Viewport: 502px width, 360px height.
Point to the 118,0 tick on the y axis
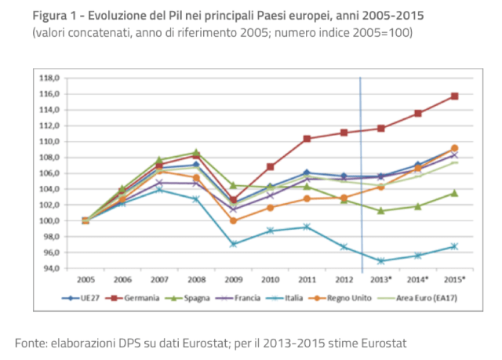pos(49,78)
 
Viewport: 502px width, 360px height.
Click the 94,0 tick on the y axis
pos(51,268)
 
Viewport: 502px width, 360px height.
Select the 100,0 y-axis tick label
pos(49,220)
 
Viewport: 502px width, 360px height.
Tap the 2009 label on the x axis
pos(233,279)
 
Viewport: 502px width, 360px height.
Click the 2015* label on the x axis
pos(453,279)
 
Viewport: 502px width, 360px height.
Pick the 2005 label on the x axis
pos(85,279)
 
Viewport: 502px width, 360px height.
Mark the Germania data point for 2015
pos(454,96)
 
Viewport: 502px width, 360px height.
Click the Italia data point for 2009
pos(233,244)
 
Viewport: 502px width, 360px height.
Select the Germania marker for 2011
pos(307,139)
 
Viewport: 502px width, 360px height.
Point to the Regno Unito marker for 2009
pos(233,220)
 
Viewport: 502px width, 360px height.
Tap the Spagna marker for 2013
pos(380,210)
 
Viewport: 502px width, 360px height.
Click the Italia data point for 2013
pos(380,260)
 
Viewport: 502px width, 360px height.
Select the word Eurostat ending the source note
pos(382,344)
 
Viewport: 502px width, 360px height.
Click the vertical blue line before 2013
pos(361,173)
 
